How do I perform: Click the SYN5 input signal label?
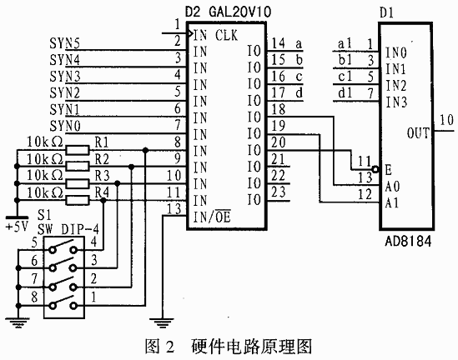(x=64, y=43)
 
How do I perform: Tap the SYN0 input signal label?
(x=65, y=127)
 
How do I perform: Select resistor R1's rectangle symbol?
(x=78, y=150)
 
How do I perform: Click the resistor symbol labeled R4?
(x=78, y=200)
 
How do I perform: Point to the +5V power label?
(x=18, y=227)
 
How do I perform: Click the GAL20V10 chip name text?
(x=240, y=12)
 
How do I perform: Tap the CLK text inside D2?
(x=226, y=36)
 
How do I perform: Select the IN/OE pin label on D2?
(x=212, y=217)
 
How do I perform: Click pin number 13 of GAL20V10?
(x=174, y=209)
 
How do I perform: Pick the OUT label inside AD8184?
(x=418, y=133)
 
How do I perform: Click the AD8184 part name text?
(x=408, y=242)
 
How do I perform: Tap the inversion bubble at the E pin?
(x=375, y=169)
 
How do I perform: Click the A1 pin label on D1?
(x=392, y=202)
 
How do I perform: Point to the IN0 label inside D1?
(x=395, y=52)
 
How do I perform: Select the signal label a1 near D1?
(x=345, y=44)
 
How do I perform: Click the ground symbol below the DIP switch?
(x=18, y=322)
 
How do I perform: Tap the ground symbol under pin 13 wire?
(x=163, y=322)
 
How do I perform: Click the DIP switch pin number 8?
(x=34, y=297)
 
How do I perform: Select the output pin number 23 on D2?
(x=278, y=192)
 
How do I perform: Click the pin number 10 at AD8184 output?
(x=446, y=120)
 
